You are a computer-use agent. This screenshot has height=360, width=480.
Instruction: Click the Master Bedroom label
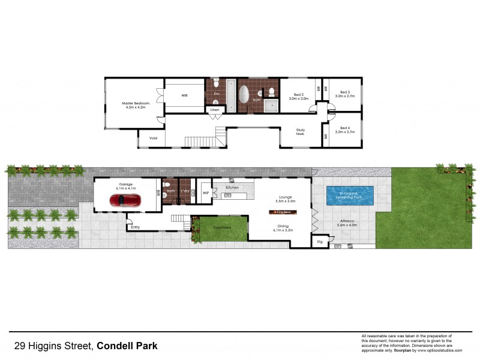135,103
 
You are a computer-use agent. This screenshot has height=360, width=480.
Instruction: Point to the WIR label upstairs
185,95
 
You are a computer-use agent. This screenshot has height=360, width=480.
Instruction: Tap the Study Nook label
301,132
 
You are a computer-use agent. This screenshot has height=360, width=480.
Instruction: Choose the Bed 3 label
344,92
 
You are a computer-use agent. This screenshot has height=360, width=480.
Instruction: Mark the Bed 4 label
344,127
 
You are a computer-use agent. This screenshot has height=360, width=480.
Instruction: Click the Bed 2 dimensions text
298,98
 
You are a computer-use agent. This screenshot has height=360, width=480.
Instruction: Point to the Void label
152,138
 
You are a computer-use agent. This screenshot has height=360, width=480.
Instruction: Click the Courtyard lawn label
222,227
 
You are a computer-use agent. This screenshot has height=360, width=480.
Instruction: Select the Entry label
135,227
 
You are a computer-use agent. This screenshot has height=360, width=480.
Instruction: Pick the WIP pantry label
205,193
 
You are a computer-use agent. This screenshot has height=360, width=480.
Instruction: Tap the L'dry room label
185,191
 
